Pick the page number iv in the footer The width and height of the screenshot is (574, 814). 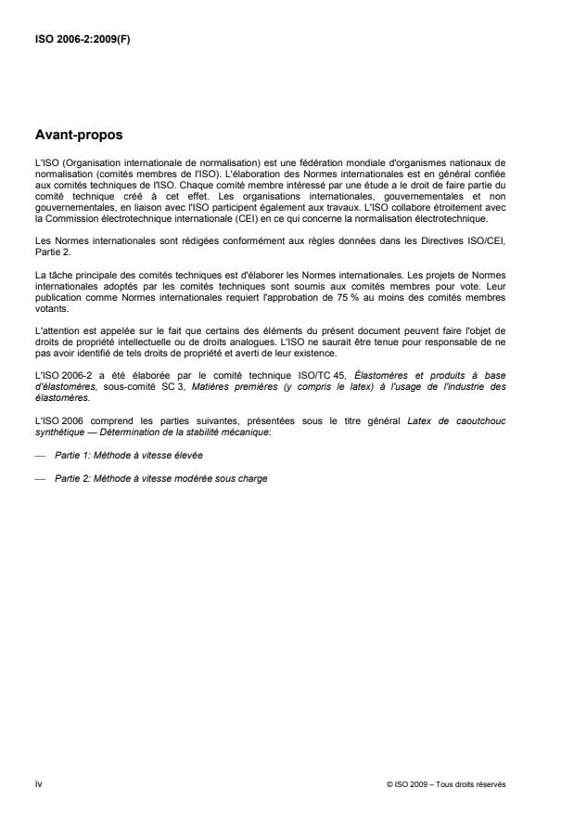click(x=38, y=784)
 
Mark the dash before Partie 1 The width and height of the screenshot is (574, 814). click(x=39, y=456)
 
